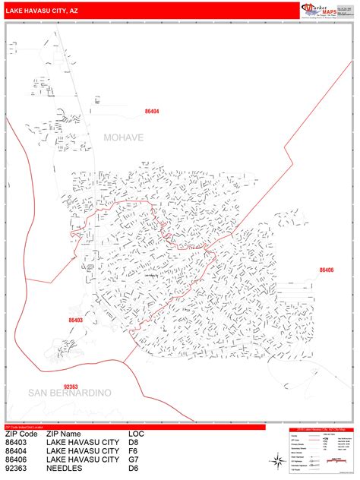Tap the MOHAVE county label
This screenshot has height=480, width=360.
(x=124, y=137)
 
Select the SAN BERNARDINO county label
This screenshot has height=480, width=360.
(x=70, y=392)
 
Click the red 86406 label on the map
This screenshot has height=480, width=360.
(x=327, y=270)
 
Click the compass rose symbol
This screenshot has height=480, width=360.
(x=275, y=458)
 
